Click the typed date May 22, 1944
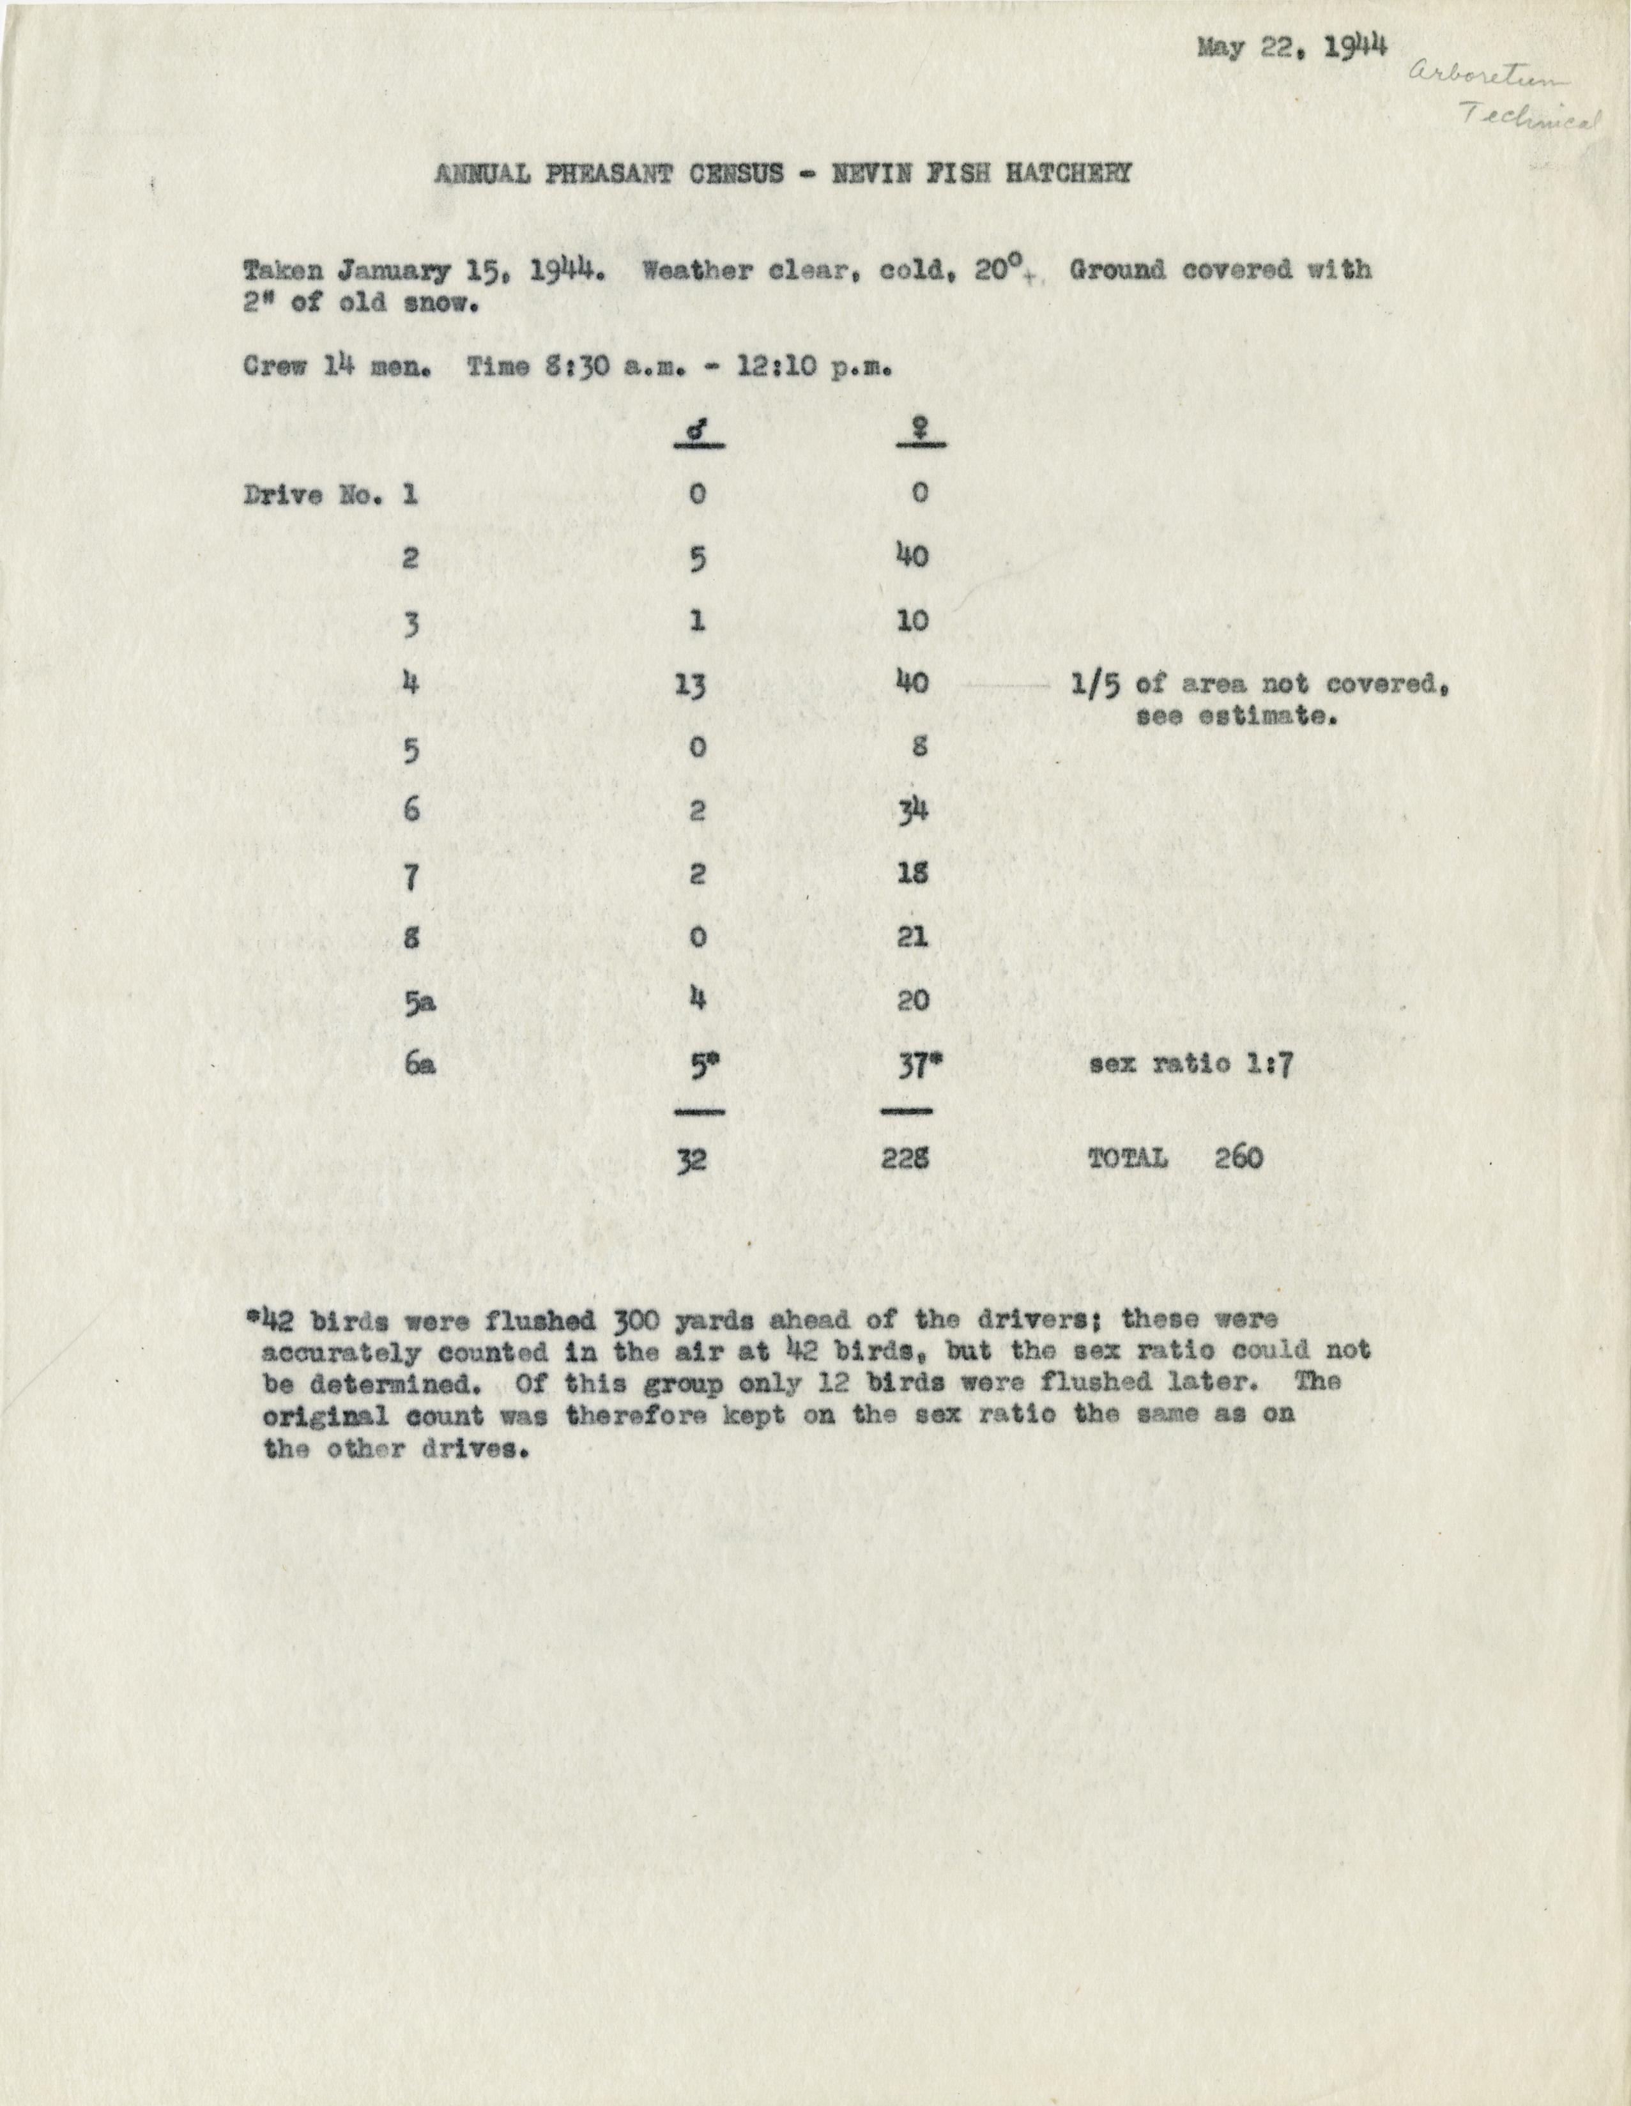point(1292,47)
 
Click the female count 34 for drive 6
point(912,810)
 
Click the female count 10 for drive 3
point(912,620)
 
